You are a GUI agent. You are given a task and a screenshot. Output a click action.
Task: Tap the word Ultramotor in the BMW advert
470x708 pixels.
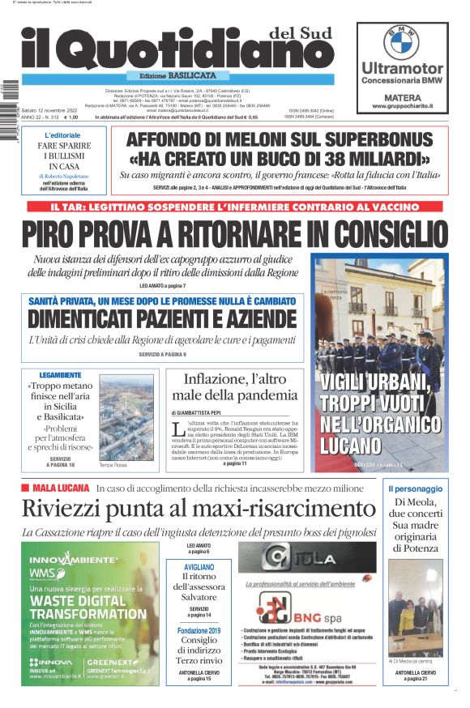point(402,68)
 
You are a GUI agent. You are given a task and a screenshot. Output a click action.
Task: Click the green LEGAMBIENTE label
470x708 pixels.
point(60,375)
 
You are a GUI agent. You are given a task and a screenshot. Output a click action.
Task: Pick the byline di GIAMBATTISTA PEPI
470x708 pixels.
point(202,412)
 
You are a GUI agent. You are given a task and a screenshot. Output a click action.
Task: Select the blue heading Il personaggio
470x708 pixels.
point(415,488)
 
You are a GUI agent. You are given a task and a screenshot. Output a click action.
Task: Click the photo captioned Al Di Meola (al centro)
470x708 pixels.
point(415,608)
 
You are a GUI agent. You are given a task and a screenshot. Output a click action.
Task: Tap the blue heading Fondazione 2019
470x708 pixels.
point(199,630)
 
